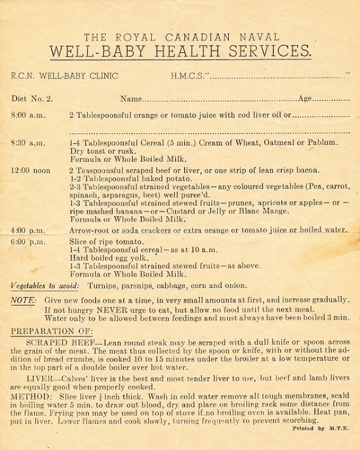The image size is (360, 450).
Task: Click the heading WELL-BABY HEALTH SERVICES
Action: (179, 52)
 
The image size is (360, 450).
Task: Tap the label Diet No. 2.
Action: (32, 98)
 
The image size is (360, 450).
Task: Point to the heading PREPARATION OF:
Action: (52, 331)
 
